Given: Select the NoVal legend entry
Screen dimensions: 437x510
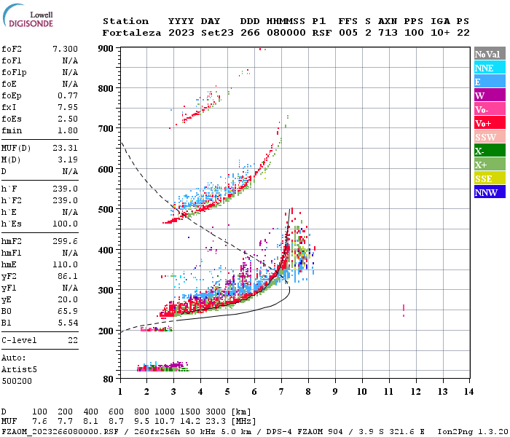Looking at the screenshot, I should click(x=487, y=54).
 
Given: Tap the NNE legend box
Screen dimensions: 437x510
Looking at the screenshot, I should click(x=487, y=68).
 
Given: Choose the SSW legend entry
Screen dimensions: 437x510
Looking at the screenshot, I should click(x=487, y=137).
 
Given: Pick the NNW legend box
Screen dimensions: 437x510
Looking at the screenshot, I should click(x=487, y=192).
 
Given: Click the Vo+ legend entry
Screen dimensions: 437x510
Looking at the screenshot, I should click(x=487, y=123).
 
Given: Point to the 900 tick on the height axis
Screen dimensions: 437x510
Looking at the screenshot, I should click(x=107, y=49).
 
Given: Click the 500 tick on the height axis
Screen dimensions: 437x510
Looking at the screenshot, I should click(x=107, y=210).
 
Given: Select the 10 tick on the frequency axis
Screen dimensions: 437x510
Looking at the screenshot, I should click(x=361, y=391).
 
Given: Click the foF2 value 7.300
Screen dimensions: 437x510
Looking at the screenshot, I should click(x=65, y=49).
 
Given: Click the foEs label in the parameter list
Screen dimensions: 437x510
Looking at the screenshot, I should click(x=11, y=119).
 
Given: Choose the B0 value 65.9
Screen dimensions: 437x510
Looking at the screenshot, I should click(x=67, y=311).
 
